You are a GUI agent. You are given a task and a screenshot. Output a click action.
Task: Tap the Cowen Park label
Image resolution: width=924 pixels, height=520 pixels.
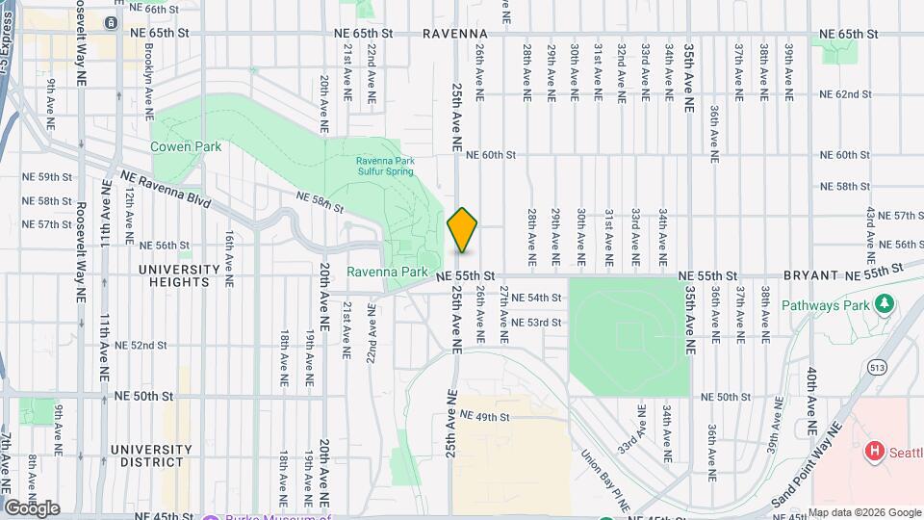coord(186,146)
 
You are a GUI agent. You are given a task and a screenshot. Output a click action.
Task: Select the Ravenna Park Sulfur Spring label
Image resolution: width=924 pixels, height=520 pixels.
coord(384,166)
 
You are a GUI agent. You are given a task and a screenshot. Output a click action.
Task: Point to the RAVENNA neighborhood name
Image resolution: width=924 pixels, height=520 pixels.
coord(455,33)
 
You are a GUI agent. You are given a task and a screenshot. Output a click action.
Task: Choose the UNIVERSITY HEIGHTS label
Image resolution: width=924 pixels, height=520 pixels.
coord(173,275)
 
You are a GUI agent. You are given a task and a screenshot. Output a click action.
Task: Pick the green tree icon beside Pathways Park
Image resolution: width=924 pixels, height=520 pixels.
coord(884,304)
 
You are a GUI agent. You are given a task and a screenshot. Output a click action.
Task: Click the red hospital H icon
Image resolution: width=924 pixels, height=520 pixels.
coord(875,450)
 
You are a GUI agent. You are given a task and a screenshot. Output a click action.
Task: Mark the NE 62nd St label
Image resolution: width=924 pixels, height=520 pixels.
coord(845,94)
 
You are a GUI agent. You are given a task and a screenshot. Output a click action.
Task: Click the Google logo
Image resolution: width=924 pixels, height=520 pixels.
coord(32,508)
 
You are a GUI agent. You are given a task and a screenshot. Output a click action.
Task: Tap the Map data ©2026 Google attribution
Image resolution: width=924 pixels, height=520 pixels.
coord(864,512)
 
